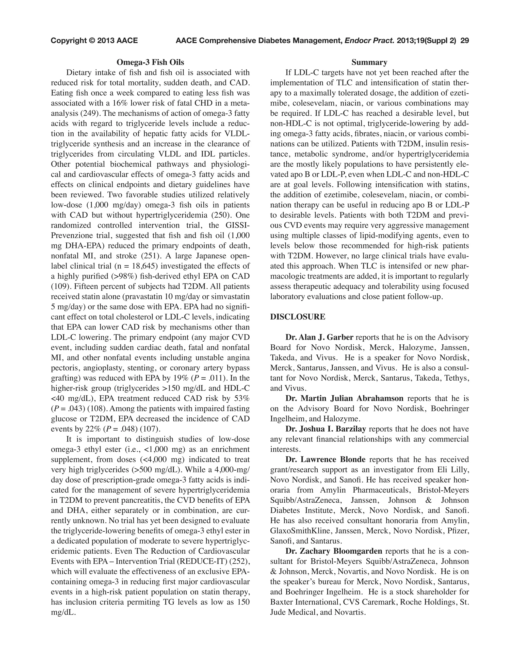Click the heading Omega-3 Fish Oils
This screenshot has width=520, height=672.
click(x=150, y=62)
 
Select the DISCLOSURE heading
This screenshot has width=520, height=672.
click(x=297, y=317)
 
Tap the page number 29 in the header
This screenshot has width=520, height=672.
click(x=465, y=41)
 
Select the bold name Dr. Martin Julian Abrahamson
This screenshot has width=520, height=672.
click(x=344, y=398)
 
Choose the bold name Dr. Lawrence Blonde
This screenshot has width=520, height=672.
click(x=325, y=459)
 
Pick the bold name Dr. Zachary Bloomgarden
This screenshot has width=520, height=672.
click(x=334, y=551)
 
